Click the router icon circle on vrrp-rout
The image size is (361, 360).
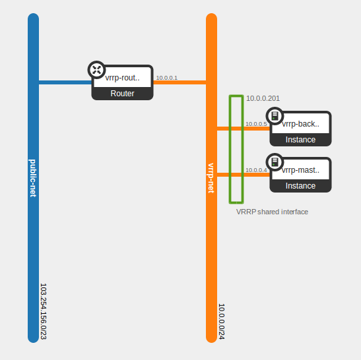point(96,70)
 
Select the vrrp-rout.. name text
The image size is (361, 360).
point(122,78)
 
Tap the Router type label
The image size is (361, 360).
point(122,94)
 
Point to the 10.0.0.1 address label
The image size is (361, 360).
point(166,78)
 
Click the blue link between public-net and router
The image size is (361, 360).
point(65,82)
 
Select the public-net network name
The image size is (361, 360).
point(33,178)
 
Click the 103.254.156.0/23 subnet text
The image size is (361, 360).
point(44,311)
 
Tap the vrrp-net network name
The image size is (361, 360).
point(211,178)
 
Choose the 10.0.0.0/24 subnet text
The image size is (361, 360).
point(222,321)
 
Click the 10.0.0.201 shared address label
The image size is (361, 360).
point(263,98)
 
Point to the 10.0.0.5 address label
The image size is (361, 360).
point(256,124)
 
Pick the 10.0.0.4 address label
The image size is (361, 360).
point(256,170)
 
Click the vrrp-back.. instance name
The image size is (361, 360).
point(300,123)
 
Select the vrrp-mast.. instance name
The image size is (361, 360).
point(300,169)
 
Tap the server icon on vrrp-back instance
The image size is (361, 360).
point(275,116)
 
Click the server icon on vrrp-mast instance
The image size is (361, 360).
point(275,162)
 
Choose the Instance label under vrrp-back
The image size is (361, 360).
point(300,140)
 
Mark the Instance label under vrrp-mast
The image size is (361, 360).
point(300,186)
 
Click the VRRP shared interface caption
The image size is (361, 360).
point(272,212)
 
